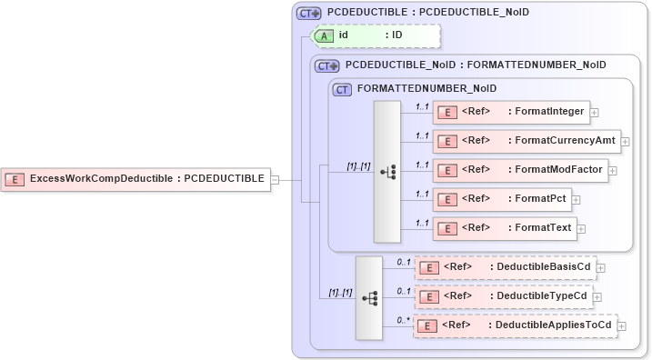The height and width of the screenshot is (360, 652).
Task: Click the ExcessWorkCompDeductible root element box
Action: click(x=136, y=179)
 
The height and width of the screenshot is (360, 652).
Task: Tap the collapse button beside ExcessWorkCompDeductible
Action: click(x=275, y=179)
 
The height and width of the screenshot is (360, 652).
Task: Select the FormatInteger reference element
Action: click(x=511, y=112)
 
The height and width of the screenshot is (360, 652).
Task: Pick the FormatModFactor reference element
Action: click(x=520, y=170)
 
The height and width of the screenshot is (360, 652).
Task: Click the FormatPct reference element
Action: click(x=502, y=199)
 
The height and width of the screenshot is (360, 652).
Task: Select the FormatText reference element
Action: click(x=505, y=228)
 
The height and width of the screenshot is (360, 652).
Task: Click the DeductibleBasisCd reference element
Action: click(x=505, y=267)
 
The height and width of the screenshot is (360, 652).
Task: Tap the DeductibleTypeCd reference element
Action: click(x=504, y=296)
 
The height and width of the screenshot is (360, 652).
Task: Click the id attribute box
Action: click(x=376, y=35)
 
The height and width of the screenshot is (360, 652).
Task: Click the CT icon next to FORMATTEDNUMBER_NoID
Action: click(x=343, y=89)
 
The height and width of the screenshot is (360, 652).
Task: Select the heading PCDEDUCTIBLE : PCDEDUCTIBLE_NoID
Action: click(x=424, y=13)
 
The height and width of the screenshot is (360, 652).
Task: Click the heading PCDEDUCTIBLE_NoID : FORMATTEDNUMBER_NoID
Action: click(x=476, y=65)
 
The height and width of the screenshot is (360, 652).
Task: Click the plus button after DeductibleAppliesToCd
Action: click(x=623, y=326)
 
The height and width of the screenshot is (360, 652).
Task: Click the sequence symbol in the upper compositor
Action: click(x=386, y=172)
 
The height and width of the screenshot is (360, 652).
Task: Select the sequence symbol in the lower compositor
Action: click(x=368, y=297)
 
